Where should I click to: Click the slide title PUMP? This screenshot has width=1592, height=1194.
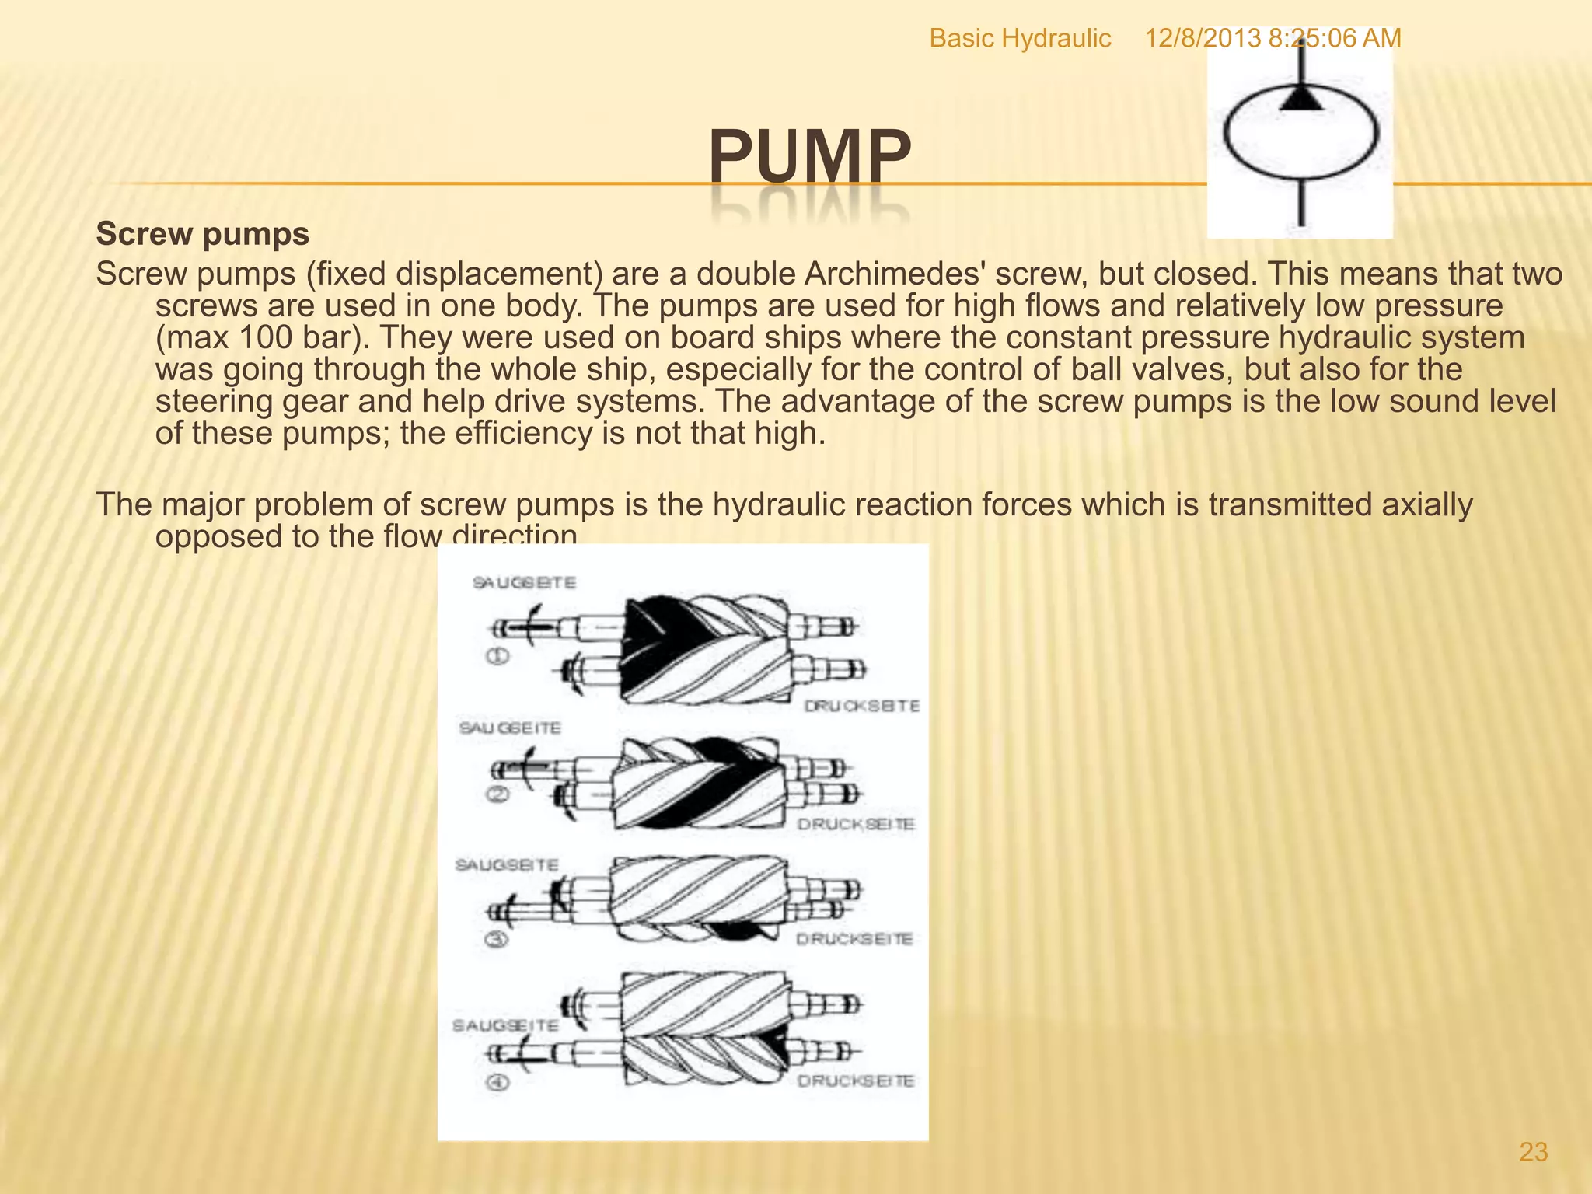[808, 155]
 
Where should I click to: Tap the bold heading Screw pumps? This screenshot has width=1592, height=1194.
[202, 234]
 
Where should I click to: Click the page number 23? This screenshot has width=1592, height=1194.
[1533, 1152]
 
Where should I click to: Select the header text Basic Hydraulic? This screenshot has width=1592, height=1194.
[1020, 38]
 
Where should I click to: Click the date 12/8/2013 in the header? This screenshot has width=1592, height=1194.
[1202, 38]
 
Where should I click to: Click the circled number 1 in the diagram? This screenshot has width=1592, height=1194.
[497, 656]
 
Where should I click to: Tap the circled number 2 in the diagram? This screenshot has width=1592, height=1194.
[497, 794]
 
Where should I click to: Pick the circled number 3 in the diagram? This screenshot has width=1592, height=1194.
[496, 939]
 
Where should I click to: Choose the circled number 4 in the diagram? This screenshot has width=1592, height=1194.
[497, 1081]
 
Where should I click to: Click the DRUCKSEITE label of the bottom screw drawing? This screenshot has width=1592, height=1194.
[856, 1081]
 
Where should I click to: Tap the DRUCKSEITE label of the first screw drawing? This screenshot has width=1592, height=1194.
[861, 706]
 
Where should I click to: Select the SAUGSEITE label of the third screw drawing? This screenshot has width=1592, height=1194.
[507, 865]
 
